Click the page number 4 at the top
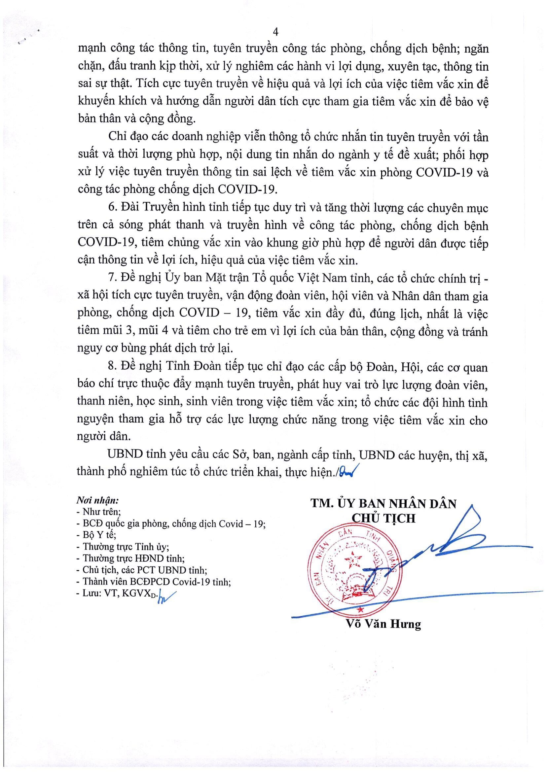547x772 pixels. coord(276,32)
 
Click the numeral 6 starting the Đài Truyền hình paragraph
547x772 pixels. coord(112,207)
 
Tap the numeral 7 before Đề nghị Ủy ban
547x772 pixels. coord(112,278)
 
